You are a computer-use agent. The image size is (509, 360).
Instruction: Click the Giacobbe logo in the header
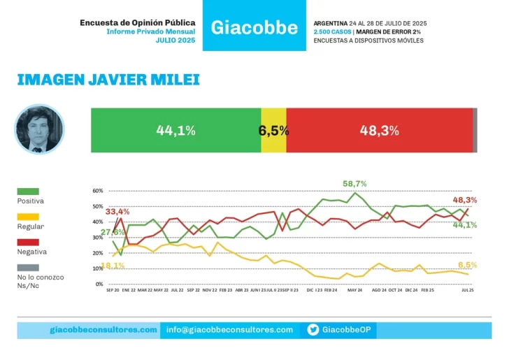(x=254, y=29)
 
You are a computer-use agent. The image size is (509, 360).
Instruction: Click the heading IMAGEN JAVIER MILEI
(x=108, y=80)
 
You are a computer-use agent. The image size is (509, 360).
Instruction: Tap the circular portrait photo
(x=39, y=129)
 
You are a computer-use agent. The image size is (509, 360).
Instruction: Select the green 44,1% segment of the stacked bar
(x=175, y=130)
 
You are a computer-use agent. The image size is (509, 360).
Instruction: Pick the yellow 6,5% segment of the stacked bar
(x=273, y=130)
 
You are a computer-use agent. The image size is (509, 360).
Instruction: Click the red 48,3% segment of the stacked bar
(x=379, y=130)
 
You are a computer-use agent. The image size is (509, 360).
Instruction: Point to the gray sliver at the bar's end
(x=475, y=130)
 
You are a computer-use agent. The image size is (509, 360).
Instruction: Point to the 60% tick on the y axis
(x=97, y=191)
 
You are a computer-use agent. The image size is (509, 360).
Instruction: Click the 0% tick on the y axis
(x=99, y=285)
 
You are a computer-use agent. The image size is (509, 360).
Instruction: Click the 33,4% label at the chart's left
(x=117, y=211)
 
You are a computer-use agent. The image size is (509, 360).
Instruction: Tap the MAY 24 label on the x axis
(x=354, y=289)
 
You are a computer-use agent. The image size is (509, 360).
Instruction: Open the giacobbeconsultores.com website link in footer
(x=103, y=329)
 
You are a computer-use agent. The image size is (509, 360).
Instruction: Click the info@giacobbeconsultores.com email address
(x=230, y=329)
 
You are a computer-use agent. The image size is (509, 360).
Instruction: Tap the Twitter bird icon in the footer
(x=313, y=329)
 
